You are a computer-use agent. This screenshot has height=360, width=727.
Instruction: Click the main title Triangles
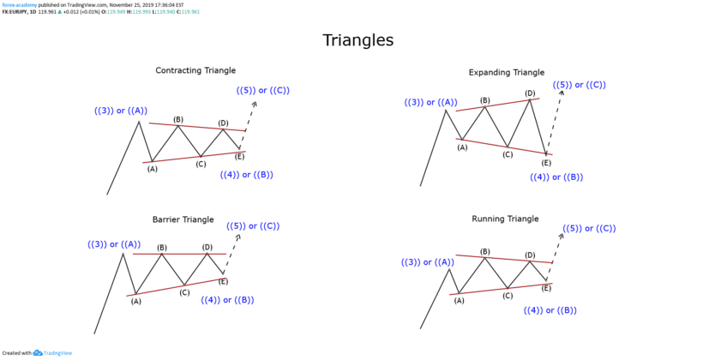(x=357, y=40)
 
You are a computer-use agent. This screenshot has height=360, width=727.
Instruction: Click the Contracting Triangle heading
(x=195, y=70)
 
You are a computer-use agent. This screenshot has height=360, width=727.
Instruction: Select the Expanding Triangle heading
(x=506, y=73)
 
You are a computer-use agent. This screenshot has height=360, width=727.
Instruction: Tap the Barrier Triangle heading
(x=183, y=220)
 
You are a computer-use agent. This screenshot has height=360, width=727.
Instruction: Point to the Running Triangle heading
(x=505, y=219)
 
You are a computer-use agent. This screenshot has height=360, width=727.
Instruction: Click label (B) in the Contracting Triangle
(x=178, y=120)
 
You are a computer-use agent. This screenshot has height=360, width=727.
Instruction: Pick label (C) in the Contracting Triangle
(x=201, y=164)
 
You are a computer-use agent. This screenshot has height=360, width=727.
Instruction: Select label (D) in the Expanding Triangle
(x=530, y=93)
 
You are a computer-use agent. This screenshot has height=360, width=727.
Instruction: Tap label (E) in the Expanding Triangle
(x=546, y=162)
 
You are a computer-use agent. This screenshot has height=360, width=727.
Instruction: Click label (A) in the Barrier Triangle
(x=135, y=301)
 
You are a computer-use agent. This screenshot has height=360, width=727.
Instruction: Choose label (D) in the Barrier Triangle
(x=207, y=248)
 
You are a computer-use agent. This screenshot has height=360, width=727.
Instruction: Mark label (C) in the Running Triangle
(x=508, y=296)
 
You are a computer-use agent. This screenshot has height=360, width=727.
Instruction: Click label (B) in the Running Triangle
(x=484, y=252)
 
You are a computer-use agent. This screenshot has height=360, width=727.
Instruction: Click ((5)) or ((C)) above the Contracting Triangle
(x=261, y=90)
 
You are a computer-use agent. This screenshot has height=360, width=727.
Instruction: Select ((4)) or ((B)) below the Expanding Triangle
(x=556, y=177)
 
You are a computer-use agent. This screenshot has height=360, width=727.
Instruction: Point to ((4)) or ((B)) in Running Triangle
(x=550, y=309)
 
